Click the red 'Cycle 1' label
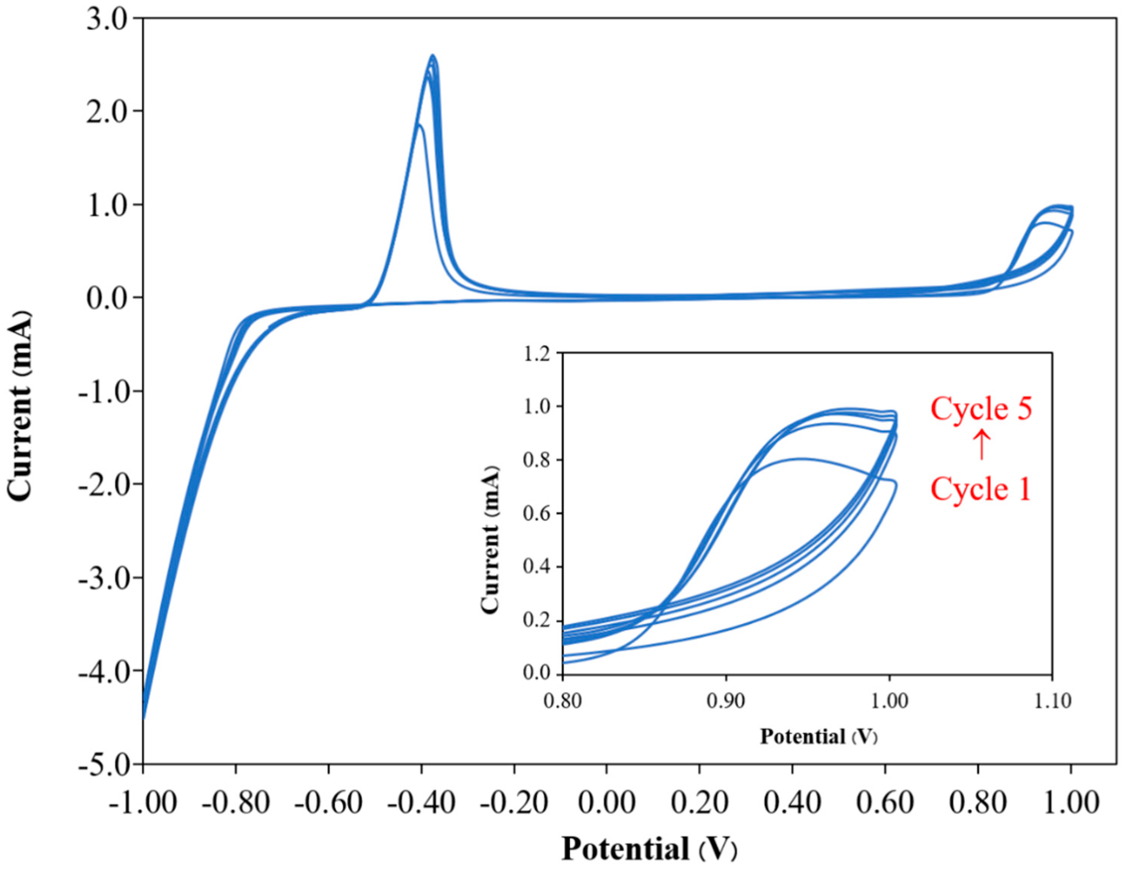981,489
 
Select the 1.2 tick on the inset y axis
537,353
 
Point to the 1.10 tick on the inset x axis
1052,701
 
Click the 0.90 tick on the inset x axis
725,701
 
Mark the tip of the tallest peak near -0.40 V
433,56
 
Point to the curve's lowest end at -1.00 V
144,718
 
